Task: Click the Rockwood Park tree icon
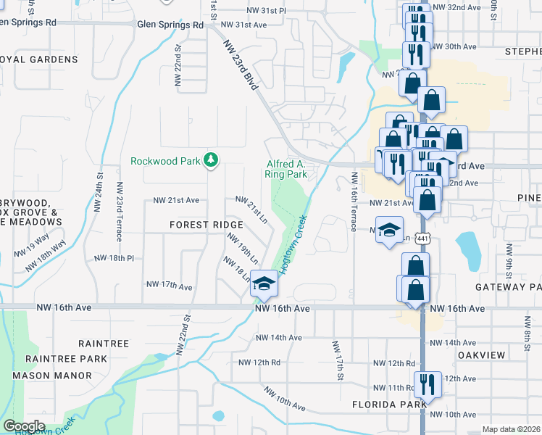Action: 211,160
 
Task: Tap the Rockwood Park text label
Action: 164,161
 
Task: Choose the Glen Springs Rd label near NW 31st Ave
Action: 170,25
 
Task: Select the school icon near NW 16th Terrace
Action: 389,230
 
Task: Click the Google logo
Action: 24,426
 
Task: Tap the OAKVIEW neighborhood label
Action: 481,355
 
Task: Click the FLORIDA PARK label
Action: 382,404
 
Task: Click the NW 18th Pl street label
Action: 115,258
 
